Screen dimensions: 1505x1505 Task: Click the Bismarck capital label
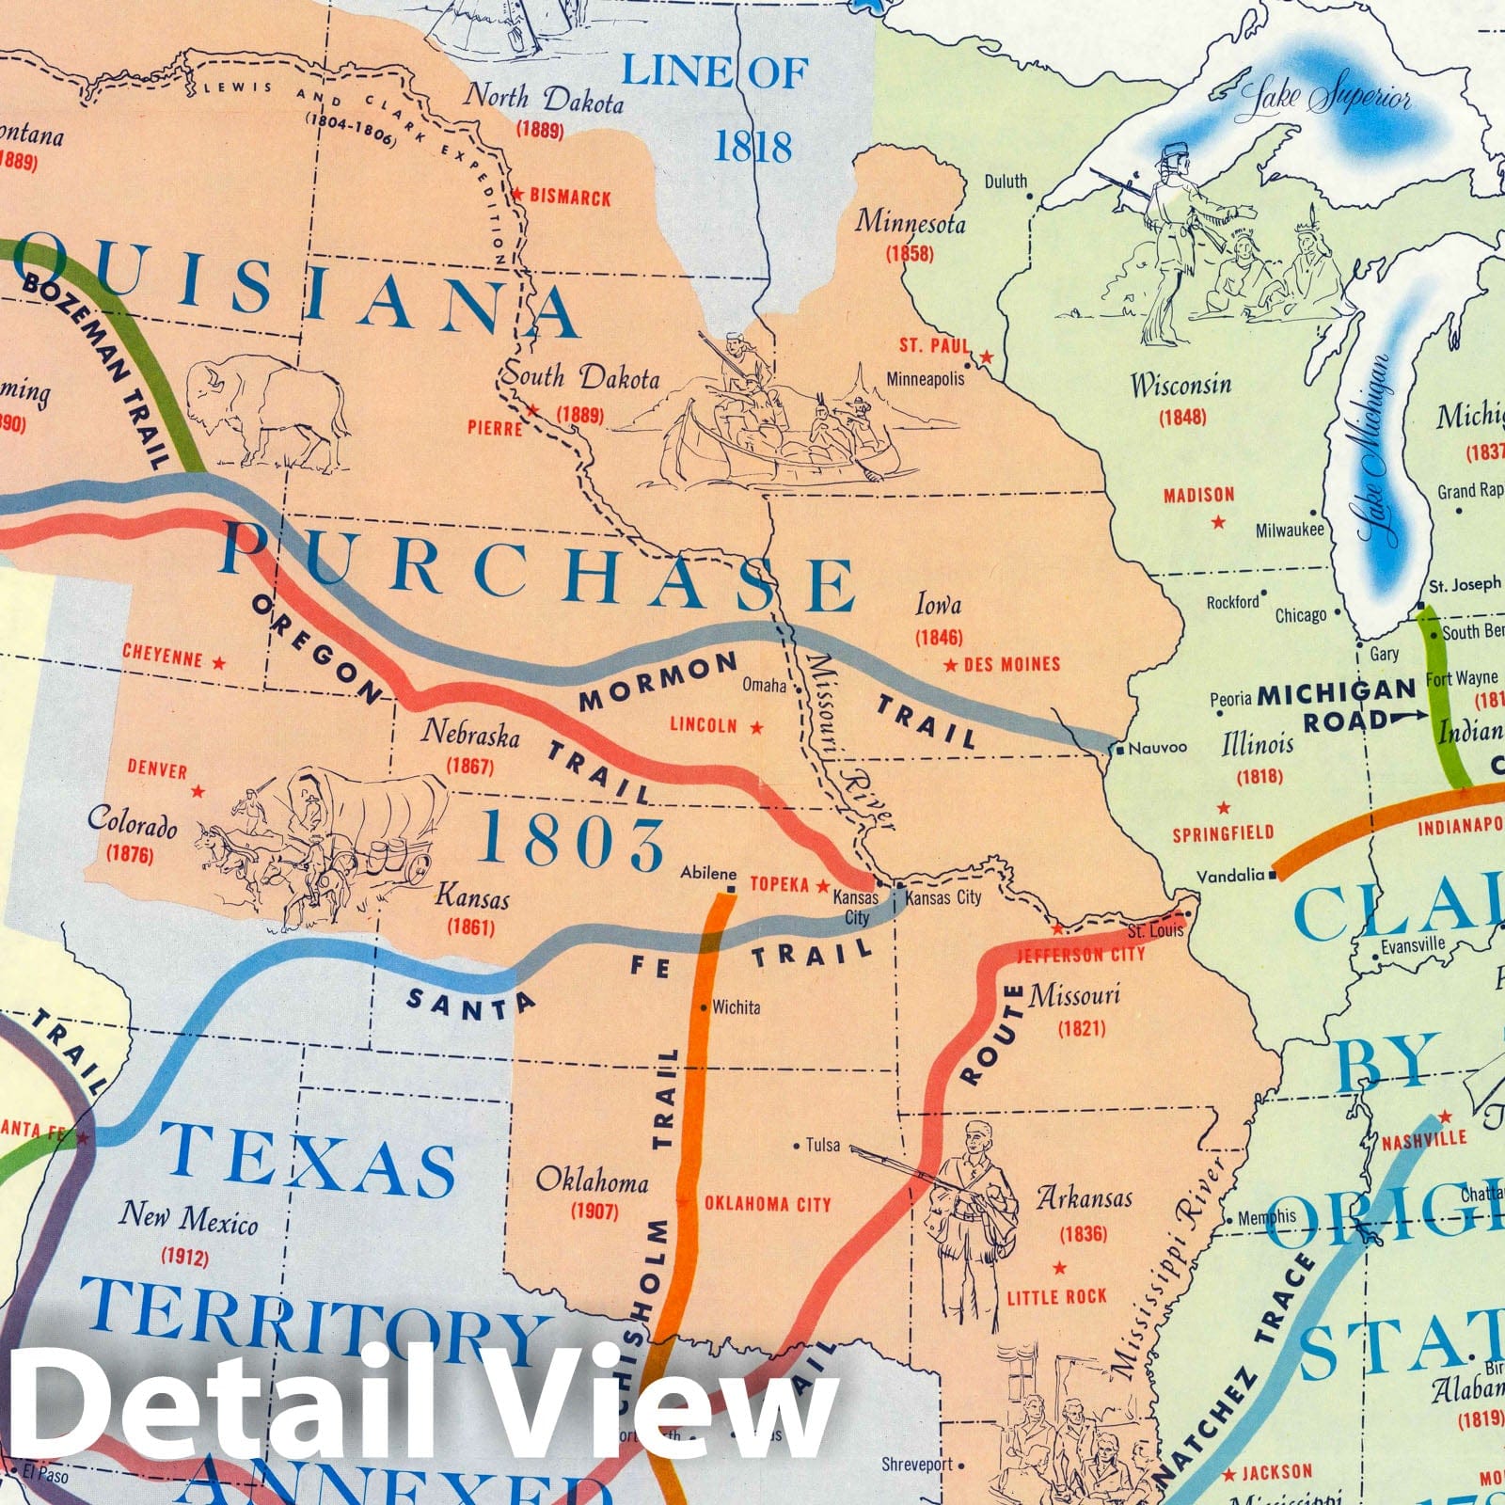pyautogui.click(x=570, y=198)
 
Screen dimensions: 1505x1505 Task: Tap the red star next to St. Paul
pyautogui.click(x=986, y=357)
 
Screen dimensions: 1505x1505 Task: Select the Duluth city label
pyautogui.click(x=1006, y=181)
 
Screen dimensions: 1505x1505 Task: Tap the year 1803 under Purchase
pyautogui.click(x=573, y=842)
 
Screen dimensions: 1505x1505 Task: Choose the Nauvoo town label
pyautogui.click(x=1157, y=749)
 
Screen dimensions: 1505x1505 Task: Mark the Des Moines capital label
pyautogui.click(x=1012, y=664)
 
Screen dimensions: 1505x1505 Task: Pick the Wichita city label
pyautogui.click(x=737, y=1007)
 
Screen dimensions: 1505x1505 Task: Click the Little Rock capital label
pyautogui.click(x=1057, y=1297)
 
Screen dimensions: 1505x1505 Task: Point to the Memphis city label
pyautogui.click(x=1266, y=1216)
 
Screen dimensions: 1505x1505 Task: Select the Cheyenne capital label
pyautogui.click(x=163, y=655)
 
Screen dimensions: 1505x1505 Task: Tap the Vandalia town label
pyautogui.click(x=1230, y=876)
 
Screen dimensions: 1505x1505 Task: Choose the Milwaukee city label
pyautogui.click(x=1290, y=531)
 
